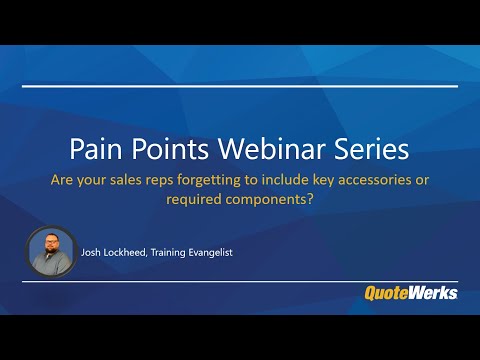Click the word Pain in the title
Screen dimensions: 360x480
95,150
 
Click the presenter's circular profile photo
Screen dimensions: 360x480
51,252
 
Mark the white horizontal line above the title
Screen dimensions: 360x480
240,86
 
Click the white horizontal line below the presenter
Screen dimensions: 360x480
240,281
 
